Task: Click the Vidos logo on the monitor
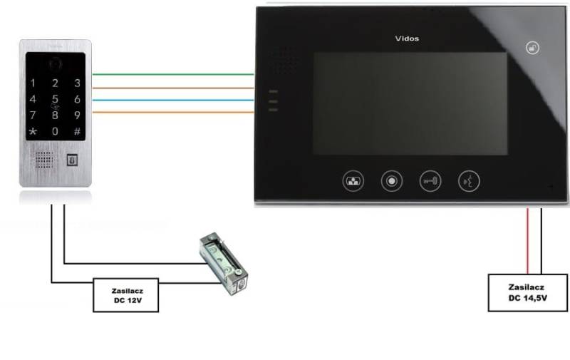click(x=407, y=38)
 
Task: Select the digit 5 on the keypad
click(x=55, y=99)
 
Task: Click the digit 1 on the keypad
click(x=32, y=83)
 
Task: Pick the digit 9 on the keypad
click(x=77, y=115)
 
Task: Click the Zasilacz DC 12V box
click(x=125, y=295)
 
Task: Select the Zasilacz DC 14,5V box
click(x=528, y=292)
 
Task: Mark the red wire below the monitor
click(x=527, y=239)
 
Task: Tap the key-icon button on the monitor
click(x=430, y=180)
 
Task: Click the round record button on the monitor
click(x=391, y=180)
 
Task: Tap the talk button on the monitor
click(x=468, y=180)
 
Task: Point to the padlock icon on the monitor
click(x=532, y=48)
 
